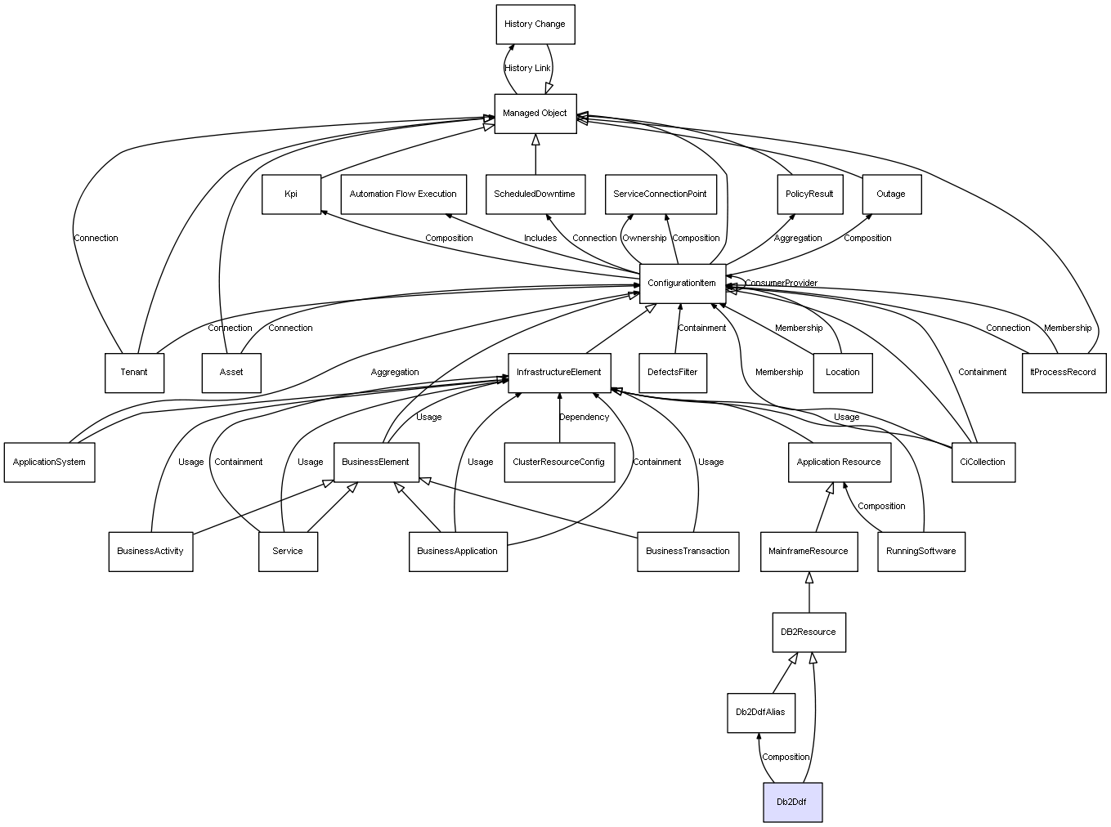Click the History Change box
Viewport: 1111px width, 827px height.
[x=535, y=25]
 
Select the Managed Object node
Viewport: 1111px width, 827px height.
[x=535, y=114]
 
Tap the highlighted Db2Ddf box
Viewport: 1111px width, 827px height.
[x=792, y=802]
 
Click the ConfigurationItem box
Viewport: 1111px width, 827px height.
[x=683, y=284]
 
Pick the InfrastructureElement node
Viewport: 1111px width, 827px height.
[x=559, y=373]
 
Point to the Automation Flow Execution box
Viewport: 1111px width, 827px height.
[x=403, y=194]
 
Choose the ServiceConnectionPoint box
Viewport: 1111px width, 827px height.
[x=661, y=194]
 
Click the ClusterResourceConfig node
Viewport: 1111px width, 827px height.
[x=559, y=463]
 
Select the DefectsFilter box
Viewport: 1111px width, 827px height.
[x=672, y=373]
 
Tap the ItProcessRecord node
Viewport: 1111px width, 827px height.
[x=1064, y=373]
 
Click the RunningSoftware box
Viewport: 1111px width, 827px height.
[x=921, y=552]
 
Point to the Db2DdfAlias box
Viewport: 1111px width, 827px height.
[x=760, y=713]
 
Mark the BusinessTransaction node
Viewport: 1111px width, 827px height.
[x=688, y=552]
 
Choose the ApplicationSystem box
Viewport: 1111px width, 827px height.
[x=49, y=463]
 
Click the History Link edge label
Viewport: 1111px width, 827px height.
[x=527, y=69]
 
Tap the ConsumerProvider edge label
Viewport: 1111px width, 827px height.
[x=782, y=284]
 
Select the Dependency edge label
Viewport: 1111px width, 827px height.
[x=585, y=418]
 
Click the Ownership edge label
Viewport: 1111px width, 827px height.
[x=644, y=239]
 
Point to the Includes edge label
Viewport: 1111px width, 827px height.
[x=540, y=239]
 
